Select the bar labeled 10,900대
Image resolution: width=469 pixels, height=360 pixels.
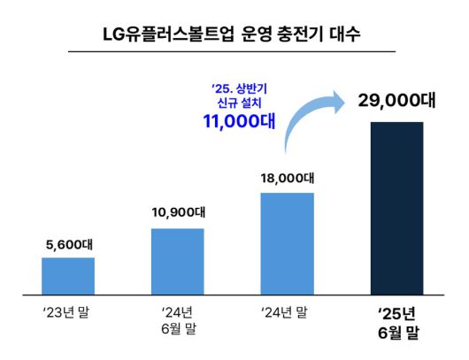(x=178, y=260)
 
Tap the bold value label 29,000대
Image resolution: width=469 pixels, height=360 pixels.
(x=396, y=101)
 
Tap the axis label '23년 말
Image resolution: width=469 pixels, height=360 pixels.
(x=68, y=312)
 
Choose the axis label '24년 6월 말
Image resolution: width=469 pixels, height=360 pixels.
(x=177, y=320)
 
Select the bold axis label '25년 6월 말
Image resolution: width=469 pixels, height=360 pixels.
(x=396, y=322)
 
